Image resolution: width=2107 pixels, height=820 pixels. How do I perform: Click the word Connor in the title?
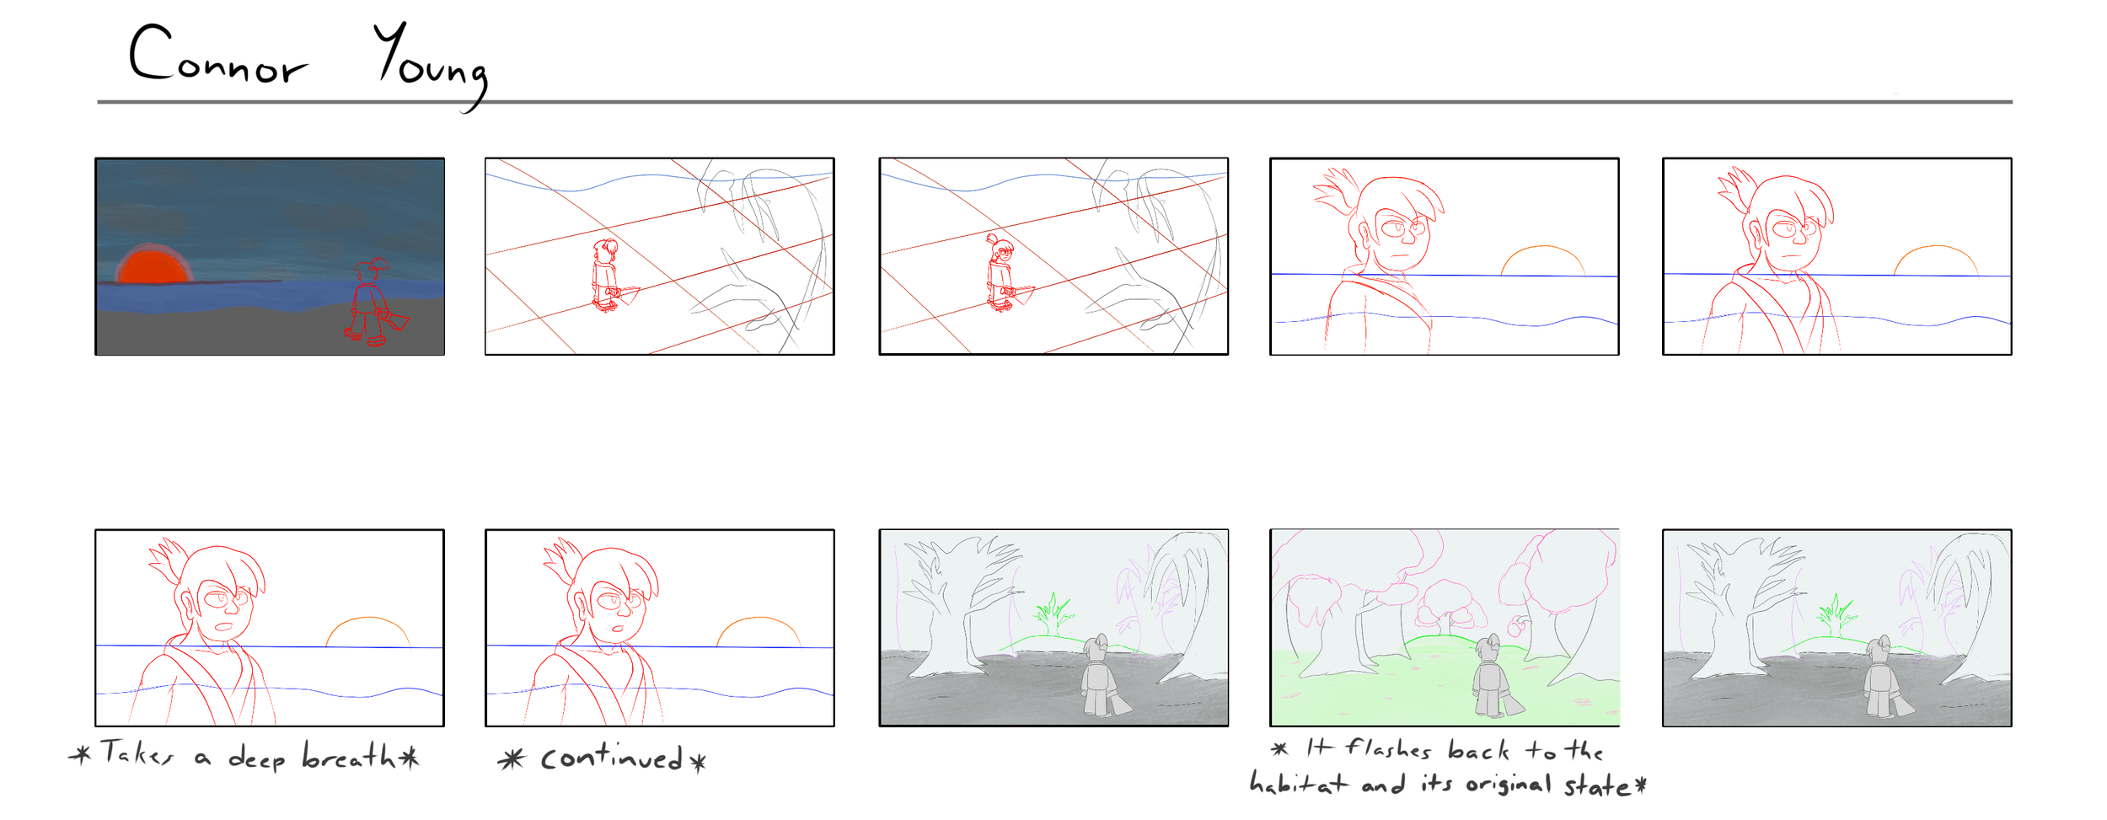[x=218, y=55]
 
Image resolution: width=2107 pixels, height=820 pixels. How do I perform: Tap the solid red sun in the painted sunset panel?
[x=153, y=265]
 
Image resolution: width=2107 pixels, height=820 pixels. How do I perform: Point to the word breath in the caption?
[x=349, y=756]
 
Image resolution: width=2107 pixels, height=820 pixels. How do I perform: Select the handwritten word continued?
[x=612, y=758]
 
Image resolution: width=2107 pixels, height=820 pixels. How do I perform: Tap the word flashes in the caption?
[x=1388, y=748]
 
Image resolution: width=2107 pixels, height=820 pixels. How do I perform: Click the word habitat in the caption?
[x=1298, y=784]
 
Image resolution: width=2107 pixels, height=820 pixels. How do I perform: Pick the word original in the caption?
[x=1509, y=784]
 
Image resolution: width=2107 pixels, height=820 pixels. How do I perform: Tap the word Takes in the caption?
[x=137, y=752]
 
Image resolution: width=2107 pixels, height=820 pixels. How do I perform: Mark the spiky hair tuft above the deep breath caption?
[x=167, y=560]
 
